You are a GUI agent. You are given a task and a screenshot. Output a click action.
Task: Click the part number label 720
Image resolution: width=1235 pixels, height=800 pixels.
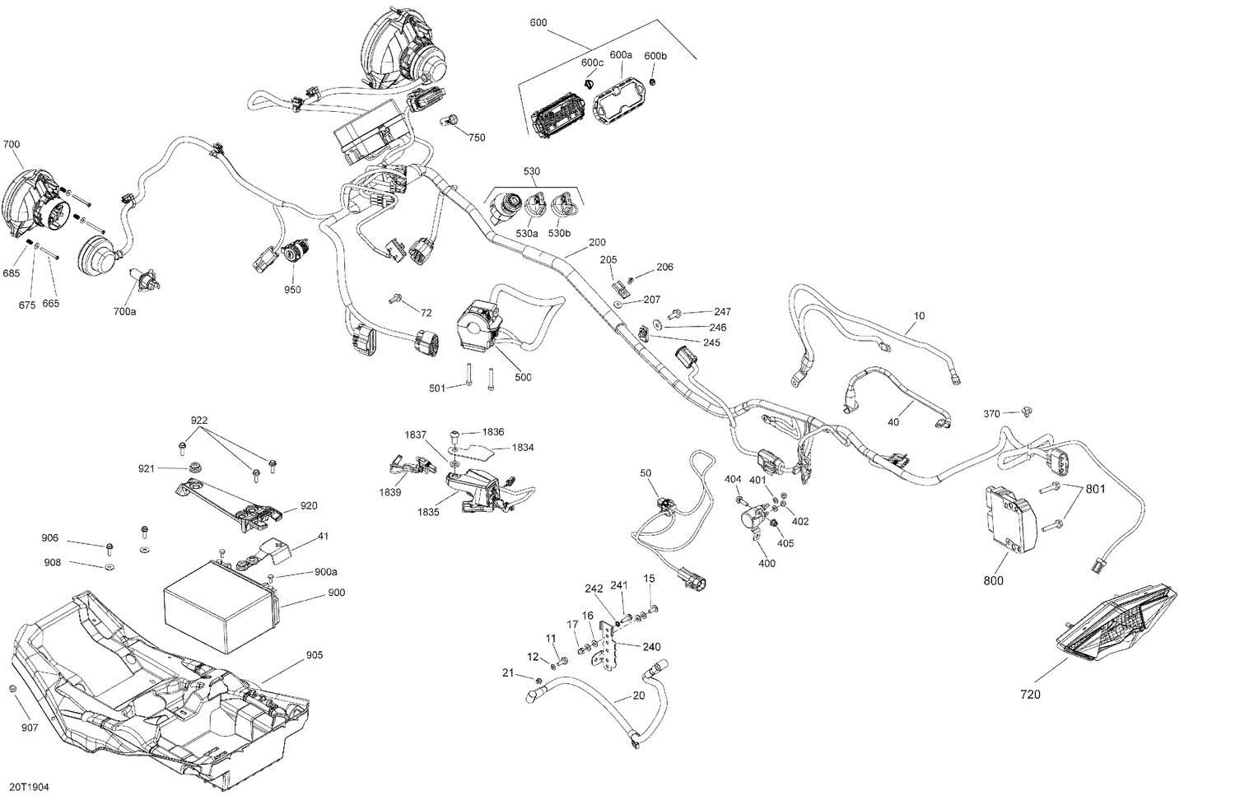[x=1030, y=695]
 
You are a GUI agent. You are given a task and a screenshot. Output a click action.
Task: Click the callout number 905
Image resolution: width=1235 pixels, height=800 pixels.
[x=314, y=655]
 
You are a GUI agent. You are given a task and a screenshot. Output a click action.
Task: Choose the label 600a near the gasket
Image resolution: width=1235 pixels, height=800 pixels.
[x=620, y=54]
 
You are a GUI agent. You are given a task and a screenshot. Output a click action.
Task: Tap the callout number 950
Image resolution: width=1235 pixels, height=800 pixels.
[x=292, y=290]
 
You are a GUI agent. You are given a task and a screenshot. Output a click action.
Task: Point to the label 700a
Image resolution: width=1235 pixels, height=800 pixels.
[x=124, y=312]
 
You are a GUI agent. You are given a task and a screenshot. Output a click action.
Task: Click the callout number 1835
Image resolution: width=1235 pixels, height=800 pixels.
[x=427, y=512]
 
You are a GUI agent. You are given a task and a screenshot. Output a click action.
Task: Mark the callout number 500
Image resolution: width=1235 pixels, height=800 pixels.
[x=523, y=377]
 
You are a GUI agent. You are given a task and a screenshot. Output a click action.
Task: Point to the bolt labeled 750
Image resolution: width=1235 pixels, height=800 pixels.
[x=451, y=122]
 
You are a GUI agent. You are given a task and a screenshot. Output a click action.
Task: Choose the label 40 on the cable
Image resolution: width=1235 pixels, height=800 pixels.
[x=893, y=422]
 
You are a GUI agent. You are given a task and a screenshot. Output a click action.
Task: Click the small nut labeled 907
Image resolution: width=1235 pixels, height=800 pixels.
[x=13, y=688]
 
